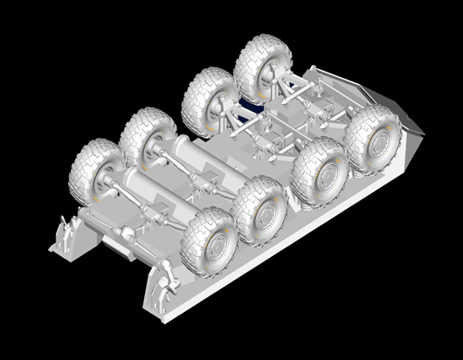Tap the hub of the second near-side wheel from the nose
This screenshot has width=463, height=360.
click(x=320, y=174)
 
